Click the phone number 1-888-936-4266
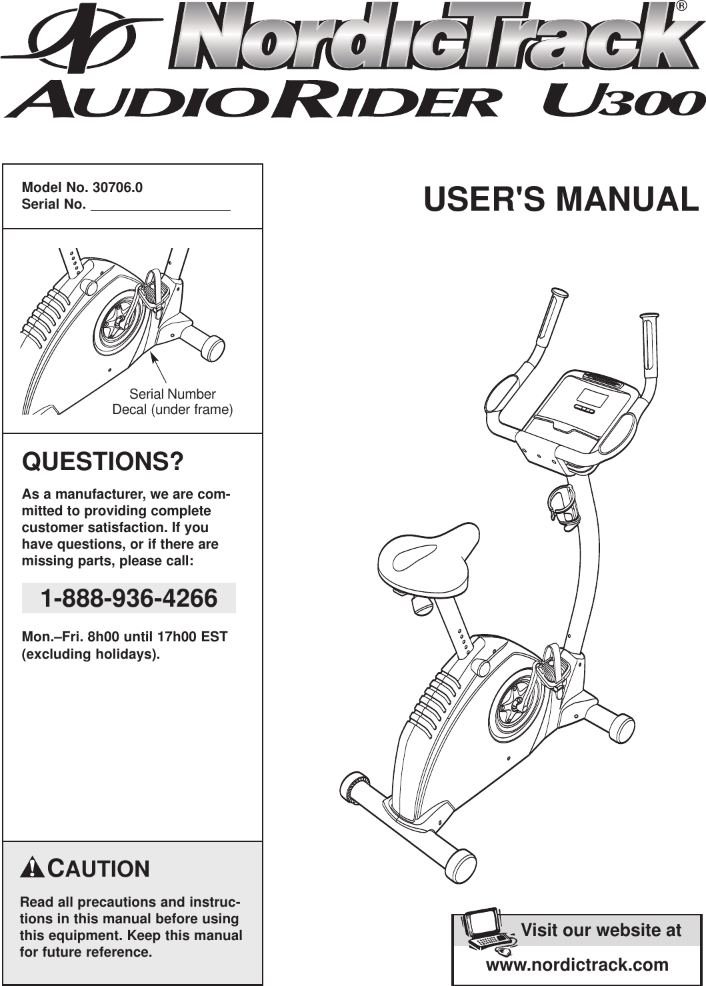(x=129, y=598)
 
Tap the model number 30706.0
(x=117, y=187)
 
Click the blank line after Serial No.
(x=160, y=207)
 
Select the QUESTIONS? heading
(x=103, y=461)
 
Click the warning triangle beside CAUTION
(x=33, y=869)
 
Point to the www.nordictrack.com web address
(x=577, y=965)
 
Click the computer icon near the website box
(x=485, y=929)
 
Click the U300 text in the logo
(x=623, y=103)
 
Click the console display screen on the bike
(x=591, y=399)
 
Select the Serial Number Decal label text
(x=172, y=402)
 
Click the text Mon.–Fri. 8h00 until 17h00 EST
(x=125, y=637)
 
